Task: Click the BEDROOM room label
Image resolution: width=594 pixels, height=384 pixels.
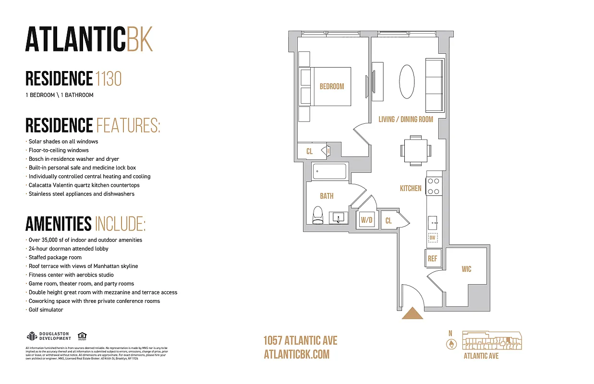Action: [x=332, y=86]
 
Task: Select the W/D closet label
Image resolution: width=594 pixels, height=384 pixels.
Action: [x=367, y=220]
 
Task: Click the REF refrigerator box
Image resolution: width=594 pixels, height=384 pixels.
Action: [x=433, y=258]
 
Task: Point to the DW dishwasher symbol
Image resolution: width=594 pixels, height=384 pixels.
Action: [x=432, y=237]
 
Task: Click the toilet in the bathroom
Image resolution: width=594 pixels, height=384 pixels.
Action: [x=317, y=216]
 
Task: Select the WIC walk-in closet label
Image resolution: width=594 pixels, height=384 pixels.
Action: [x=466, y=269]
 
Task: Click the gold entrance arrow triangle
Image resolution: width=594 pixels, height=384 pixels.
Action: [x=412, y=314]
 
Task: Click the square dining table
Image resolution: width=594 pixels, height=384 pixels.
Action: [x=414, y=150]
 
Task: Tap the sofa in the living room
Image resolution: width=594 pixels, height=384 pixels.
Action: [x=434, y=84]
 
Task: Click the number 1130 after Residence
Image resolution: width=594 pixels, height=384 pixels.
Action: [x=109, y=78]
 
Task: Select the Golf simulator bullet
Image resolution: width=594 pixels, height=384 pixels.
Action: [x=46, y=310]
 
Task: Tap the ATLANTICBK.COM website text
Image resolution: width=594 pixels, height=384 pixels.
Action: [x=297, y=354]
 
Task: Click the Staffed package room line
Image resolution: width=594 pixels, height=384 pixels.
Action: [x=55, y=257]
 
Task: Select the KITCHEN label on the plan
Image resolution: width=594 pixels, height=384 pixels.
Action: [x=411, y=189]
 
